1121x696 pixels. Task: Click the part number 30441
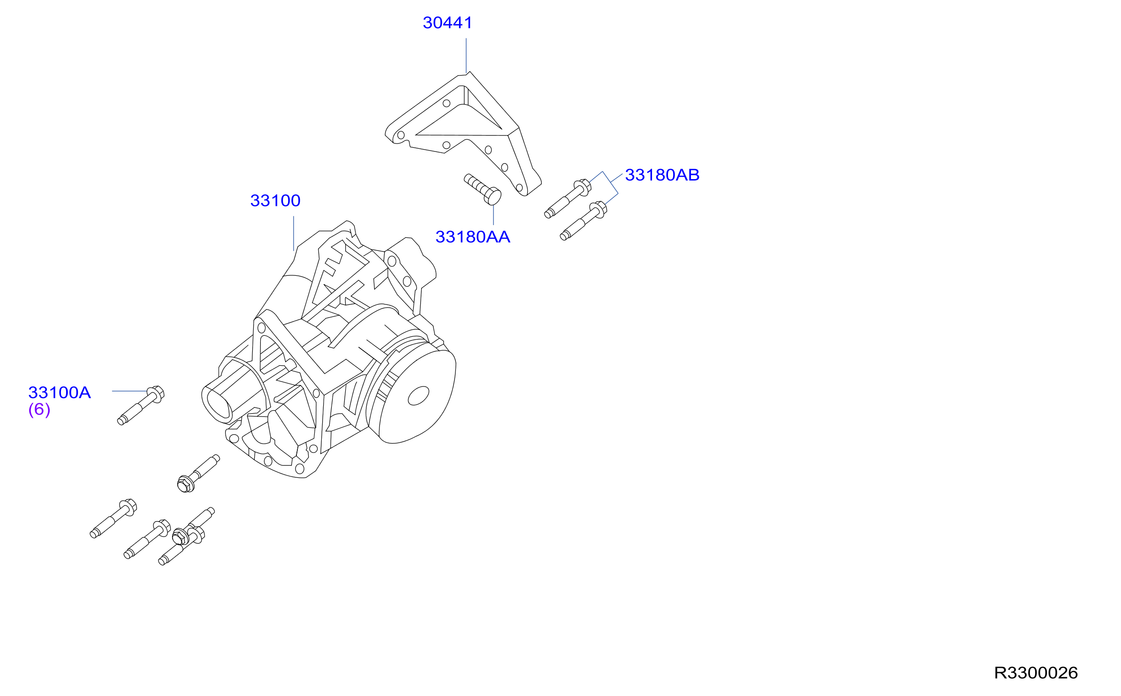(447, 23)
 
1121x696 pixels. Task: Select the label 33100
(275, 201)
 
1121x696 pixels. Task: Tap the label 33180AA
(473, 237)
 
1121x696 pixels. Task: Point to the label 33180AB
(662, 175)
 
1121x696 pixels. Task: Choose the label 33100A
(60, 393)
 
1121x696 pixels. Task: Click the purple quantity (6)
(39, 409)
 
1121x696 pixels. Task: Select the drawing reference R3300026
(1036, 673)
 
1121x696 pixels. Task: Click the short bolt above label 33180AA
(483, 189)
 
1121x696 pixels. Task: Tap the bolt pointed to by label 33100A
(141, 405)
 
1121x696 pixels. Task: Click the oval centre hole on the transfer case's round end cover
(418, 395)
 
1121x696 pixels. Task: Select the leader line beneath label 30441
(466, 56)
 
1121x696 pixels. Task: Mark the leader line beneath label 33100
(294, 233)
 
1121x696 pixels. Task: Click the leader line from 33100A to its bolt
(130, 391)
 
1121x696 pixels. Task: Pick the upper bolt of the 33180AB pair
(568, 198)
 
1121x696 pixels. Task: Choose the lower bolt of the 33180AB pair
(583, 220)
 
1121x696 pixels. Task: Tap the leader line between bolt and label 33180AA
(493, 215)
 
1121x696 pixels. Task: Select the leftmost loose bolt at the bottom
(113, 518)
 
